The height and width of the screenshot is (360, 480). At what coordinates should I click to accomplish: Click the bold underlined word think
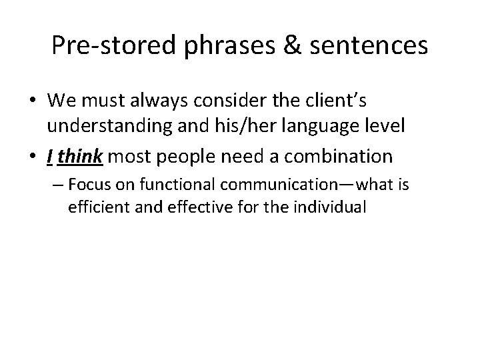coord(80,157)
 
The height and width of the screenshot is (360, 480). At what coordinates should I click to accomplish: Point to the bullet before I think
coord(37,157)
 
